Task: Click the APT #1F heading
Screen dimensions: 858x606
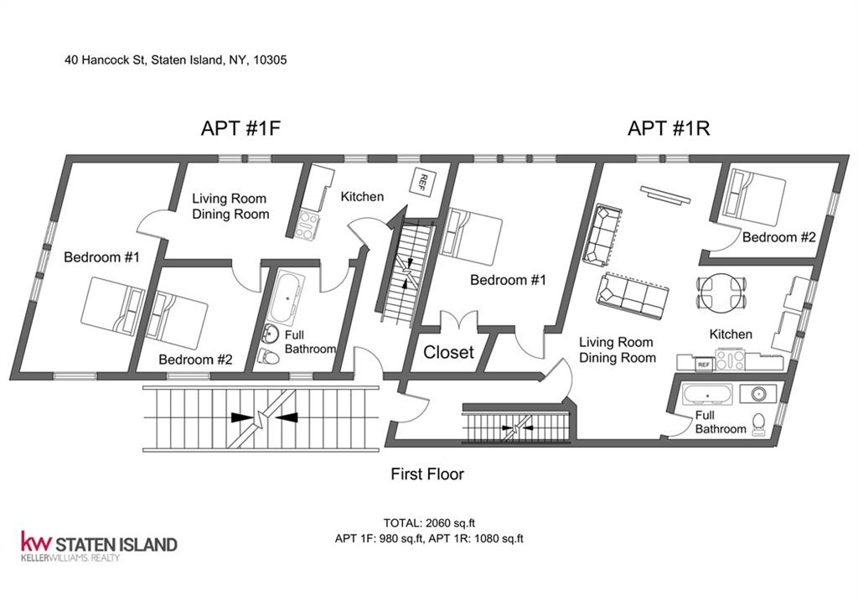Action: (240, 128)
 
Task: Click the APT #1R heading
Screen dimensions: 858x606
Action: (669, 128)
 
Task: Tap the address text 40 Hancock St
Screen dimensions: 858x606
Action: (105, 60)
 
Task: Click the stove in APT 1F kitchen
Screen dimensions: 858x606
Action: (307, 225)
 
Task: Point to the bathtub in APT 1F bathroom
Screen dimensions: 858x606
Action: (288, 297)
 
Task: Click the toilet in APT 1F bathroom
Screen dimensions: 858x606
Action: (268, 357)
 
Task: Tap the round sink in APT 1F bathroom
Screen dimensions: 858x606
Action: (271, 333)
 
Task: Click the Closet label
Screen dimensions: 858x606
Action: (449, 352)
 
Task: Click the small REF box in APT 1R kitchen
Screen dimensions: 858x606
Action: (704, 364)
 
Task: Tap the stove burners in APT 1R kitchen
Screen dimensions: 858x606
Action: (731, 360)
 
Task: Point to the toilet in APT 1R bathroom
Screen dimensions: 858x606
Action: (758, 424)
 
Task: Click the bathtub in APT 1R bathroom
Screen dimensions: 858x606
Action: (707, 394)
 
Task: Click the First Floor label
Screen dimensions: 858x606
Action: (427, 474)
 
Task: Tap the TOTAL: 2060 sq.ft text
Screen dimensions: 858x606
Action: (425, 523)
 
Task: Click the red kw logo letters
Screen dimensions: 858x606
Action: (37, 541)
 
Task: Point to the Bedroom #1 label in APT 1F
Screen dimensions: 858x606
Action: (101, 256)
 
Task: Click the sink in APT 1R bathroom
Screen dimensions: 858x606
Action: (757, 393)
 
